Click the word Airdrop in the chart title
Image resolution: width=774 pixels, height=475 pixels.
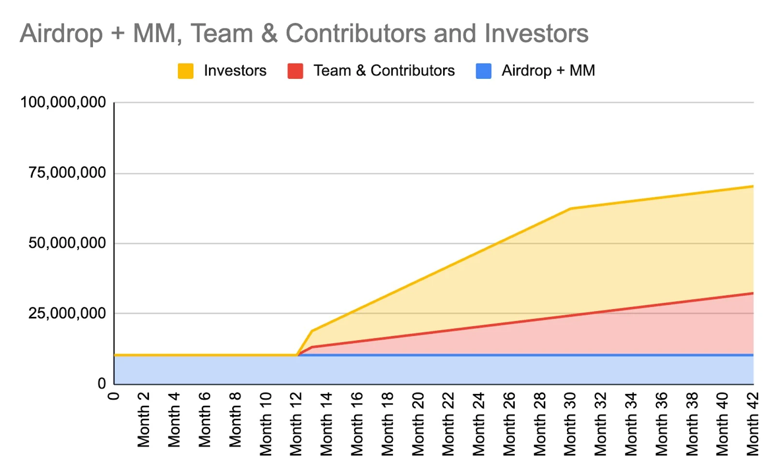pos(61,34)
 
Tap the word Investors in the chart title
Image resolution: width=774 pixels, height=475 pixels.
pos(536,34)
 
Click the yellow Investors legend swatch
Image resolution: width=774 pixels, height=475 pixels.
pos(186,71)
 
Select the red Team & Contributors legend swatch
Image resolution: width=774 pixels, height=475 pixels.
pos(295,71)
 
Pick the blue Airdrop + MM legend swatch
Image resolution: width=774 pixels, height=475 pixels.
pos(484,71)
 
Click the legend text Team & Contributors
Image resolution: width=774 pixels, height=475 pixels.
pos(384,71)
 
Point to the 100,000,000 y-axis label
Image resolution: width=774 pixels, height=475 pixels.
pos(63,102)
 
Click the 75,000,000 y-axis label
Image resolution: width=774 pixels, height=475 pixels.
pos(67,173)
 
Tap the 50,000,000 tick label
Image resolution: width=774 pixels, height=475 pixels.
pos(67,243)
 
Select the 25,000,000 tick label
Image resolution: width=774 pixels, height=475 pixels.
pos(67,314)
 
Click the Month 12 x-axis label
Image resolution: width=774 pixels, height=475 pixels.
pos(296,424)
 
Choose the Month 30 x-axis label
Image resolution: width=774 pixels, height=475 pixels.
pos(570,424)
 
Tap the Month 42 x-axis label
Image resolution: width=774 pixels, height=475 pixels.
pos(753,424)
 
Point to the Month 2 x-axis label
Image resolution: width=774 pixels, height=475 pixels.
pos(144,419)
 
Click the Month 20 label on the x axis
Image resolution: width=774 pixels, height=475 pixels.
pos(418,424)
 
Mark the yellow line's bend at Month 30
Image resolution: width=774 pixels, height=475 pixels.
pos(571,209)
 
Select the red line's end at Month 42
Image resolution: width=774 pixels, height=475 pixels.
pos(753,293)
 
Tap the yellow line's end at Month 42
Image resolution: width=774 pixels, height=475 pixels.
pos(753,186)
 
